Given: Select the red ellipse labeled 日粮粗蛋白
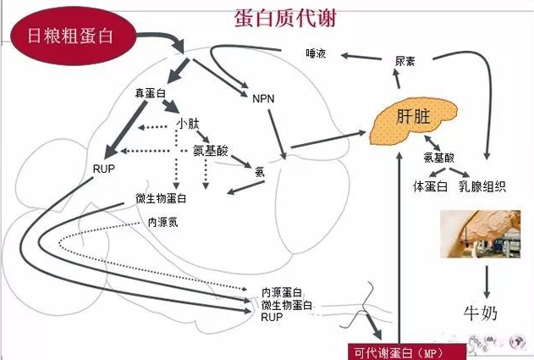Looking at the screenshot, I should (x=71, y=36).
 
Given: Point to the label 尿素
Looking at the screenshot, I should (x=405, y=64).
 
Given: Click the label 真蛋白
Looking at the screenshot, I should (x=150, y=91).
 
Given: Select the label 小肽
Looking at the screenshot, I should (x=188, y=124).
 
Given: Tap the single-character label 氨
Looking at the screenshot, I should (x=260, y=171).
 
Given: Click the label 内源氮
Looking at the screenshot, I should (x=162, y=222).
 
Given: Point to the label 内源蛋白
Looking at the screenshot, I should (x=283, y=292).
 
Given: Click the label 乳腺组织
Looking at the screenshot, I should (x=482, y=186).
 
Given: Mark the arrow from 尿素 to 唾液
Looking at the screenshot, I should (x=361, y=57).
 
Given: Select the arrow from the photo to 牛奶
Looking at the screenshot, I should (x=487, y=280).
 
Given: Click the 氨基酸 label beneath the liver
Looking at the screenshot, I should (x=439, y=158).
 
